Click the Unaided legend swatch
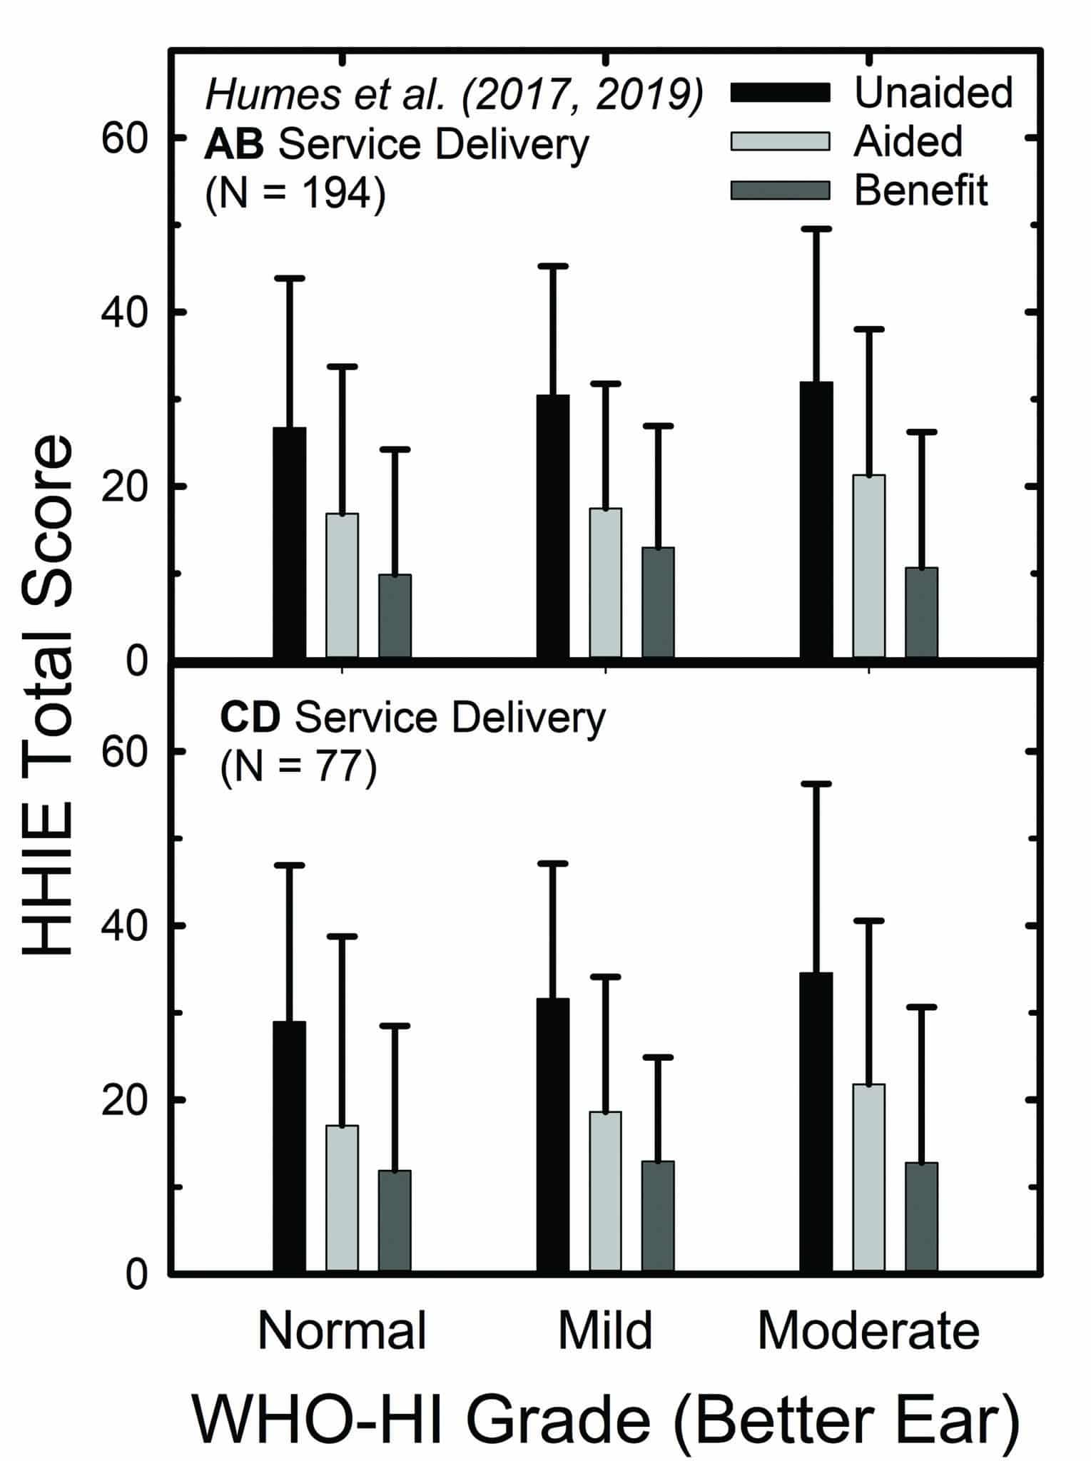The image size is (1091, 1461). point(780,93)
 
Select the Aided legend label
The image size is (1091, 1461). point(908,141)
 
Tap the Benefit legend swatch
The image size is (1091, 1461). point(780,190)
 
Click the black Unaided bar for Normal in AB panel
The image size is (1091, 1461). point(290,542)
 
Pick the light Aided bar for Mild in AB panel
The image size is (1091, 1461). point(605,582)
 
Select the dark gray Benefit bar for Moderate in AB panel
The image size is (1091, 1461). point(921,612)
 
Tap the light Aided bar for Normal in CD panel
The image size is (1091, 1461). point(342,1198)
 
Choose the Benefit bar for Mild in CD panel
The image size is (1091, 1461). point(658,1216)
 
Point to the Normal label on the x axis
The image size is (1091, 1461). point(342,1330)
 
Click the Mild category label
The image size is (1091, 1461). point(605,1330)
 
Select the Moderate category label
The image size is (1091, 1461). point(868,1330)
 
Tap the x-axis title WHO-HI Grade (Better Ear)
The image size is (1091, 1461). point(605,1420)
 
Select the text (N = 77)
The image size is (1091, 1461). point(298,768)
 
